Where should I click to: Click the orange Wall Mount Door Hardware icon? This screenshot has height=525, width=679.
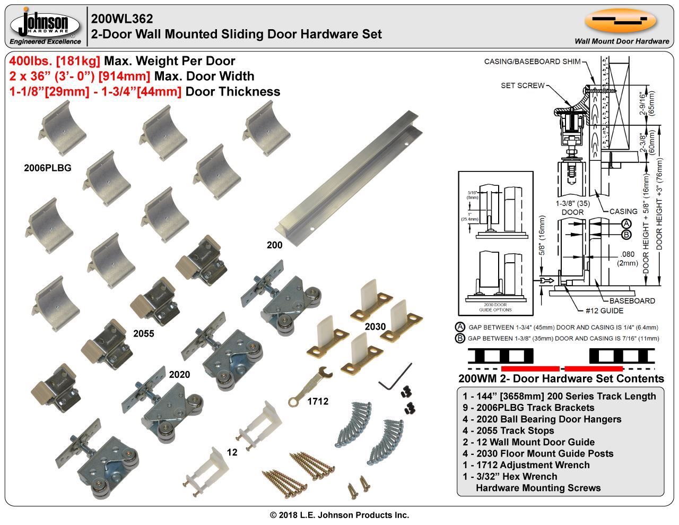tap(620, 21)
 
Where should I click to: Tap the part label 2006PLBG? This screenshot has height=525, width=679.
tap(48, 168)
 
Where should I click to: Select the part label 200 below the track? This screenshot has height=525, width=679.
tap(274, 245)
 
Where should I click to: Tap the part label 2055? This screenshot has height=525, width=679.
tap(143, 333)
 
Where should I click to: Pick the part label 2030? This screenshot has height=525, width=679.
tap(375, 326)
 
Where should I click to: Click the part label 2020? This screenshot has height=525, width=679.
tap(179, 375)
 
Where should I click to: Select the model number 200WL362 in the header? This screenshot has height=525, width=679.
tap(122, 19)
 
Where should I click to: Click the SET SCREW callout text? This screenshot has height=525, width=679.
tap(523, 85)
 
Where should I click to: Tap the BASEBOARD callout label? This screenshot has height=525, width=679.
tap(632, 300)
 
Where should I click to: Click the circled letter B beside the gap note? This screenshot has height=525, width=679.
tap(460, 338)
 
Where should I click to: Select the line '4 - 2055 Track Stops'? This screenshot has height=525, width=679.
tap(508, 431)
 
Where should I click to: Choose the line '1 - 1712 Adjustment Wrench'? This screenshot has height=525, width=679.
tap(526, 465)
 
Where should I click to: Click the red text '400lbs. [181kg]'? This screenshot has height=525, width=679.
tap(55, 61)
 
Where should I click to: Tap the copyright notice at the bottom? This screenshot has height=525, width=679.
tap(339, 515)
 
